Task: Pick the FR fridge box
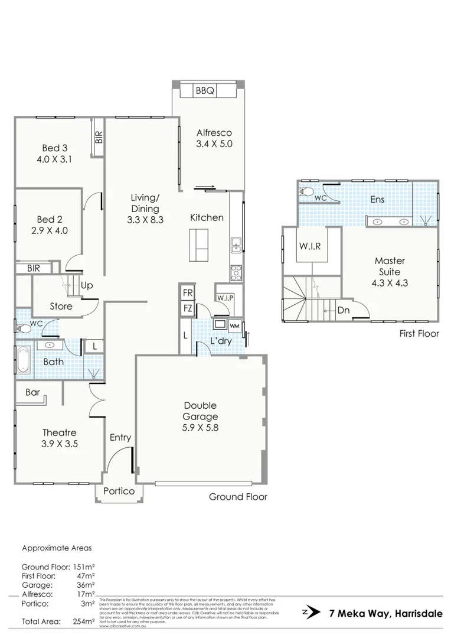click(187, 293)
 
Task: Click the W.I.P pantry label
click(225, 297)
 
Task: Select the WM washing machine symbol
click(234, 325)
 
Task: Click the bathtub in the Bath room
click(23, 360)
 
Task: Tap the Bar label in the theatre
click(32, 392)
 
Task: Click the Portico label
click(119, 491)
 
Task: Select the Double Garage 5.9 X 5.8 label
click(200, 416)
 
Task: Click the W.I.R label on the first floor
click(310, 246)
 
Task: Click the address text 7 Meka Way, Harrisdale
click(385, 613)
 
